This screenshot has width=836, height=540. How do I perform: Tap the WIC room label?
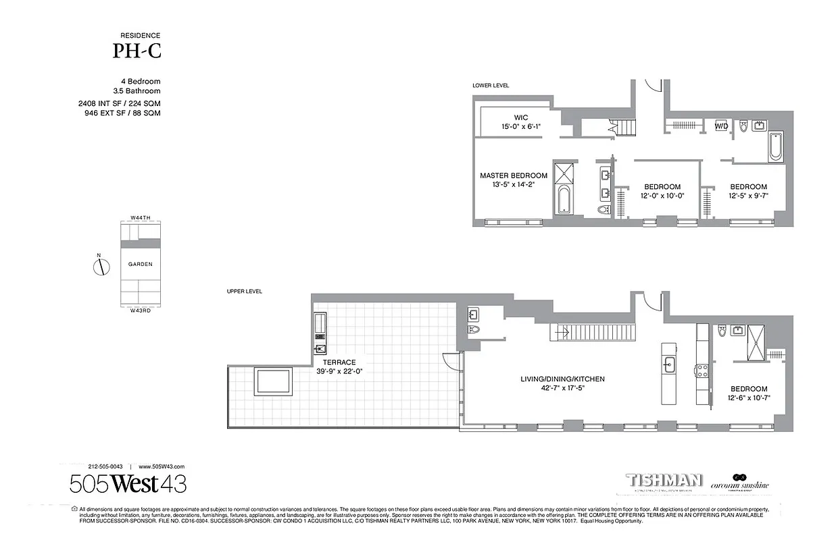pos(520,117)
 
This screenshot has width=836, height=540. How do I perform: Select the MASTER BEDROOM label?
pos(514,175)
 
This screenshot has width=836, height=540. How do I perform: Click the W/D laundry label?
pos(721,126)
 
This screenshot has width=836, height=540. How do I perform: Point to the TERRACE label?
pos(339,362)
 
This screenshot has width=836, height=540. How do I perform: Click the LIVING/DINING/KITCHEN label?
pos(562,379)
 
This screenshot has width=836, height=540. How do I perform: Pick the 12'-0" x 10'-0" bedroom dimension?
pos(662,196)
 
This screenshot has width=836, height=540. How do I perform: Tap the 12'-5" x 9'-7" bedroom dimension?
pos(748,196)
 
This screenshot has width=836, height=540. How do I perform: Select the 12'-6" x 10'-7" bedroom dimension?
pos(748,398)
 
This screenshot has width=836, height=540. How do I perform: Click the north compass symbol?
pos(101,267)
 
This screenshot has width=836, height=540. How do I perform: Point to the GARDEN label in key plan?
pos(140,265)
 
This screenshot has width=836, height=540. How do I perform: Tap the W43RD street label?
pos(140,310)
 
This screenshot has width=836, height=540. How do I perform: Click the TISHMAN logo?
pos(665,481)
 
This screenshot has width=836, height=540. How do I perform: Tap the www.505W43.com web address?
pos(162,466)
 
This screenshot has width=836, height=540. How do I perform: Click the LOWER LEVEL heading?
pos(491,86)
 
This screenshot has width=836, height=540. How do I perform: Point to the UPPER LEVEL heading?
pos(245,292)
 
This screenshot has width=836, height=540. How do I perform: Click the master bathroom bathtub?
pos(563,199)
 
